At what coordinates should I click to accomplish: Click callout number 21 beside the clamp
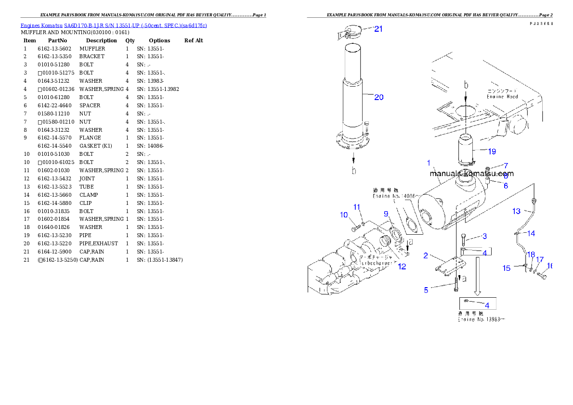[x=378, y=29]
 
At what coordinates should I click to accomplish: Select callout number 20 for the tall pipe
[x=379, y=97]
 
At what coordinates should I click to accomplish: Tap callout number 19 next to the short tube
[x=492, y=152]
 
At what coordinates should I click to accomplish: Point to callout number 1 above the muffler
[x=429, y=164]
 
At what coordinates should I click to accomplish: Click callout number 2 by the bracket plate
[x=426, y=255]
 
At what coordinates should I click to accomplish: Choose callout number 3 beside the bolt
[x=484, y=236]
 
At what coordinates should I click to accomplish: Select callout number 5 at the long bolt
[x=426, y=290]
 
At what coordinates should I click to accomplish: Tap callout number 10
[x=344, y=215]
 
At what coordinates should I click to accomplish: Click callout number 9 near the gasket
[x=386, y=214]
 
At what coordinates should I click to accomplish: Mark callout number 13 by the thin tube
[x=516, y=211]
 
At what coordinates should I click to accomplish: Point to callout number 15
[x=507, y=268]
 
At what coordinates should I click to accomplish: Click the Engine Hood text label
[x=503, y=96]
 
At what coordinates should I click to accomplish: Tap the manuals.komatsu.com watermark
[x=471, y=174]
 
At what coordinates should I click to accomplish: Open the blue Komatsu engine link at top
[x=114, y=25]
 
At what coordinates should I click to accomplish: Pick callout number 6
[x=506, y=186]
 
